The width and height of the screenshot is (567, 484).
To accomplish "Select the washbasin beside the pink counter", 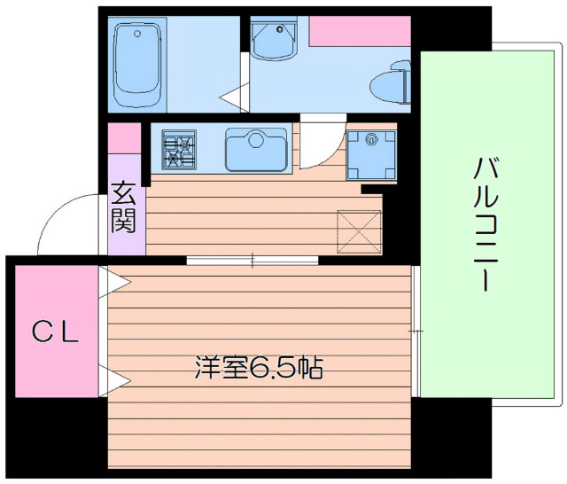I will pos(271,39).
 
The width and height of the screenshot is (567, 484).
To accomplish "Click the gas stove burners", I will pos(180,148).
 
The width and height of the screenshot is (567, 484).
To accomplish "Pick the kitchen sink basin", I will pos(257,149).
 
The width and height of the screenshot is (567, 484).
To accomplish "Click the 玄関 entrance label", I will pos(124,207).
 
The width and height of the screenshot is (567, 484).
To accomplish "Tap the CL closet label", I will pos(56,333).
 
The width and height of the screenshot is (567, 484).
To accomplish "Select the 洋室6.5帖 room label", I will pos(258,368).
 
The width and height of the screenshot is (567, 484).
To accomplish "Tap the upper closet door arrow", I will pos(116,282).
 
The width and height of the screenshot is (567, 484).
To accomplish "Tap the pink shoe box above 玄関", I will pos(124,138).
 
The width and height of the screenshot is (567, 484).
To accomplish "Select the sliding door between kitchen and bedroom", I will pos(252,261).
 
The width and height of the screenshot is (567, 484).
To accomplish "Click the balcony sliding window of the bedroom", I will pos(415,330).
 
